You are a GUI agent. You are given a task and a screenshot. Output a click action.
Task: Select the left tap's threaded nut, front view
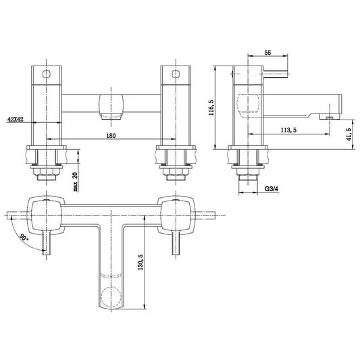46,176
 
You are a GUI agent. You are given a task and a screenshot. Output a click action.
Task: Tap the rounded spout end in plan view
112,298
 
